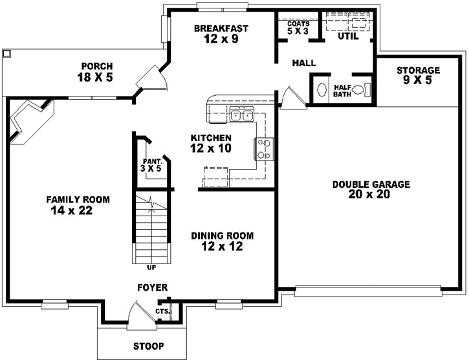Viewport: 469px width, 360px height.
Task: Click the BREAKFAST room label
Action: click(x=221, y=28)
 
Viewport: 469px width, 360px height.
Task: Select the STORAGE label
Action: click(x=418, y=70)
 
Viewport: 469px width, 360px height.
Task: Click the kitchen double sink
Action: click(x=243, y=116)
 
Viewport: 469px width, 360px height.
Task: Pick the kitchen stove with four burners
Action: click(x=263, y=150)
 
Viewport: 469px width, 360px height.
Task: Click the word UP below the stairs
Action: click(x=151, y=267)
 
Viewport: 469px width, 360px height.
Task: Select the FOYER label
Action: click(x=152, y=287)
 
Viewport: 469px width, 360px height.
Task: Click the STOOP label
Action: click(x=148, y=346)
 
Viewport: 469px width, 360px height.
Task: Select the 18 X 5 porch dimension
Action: click(x=94, y=78)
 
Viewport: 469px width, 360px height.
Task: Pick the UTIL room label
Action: click(x=348, y=36)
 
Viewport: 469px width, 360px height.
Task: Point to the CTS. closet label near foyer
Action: click(x=162, y=311)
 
